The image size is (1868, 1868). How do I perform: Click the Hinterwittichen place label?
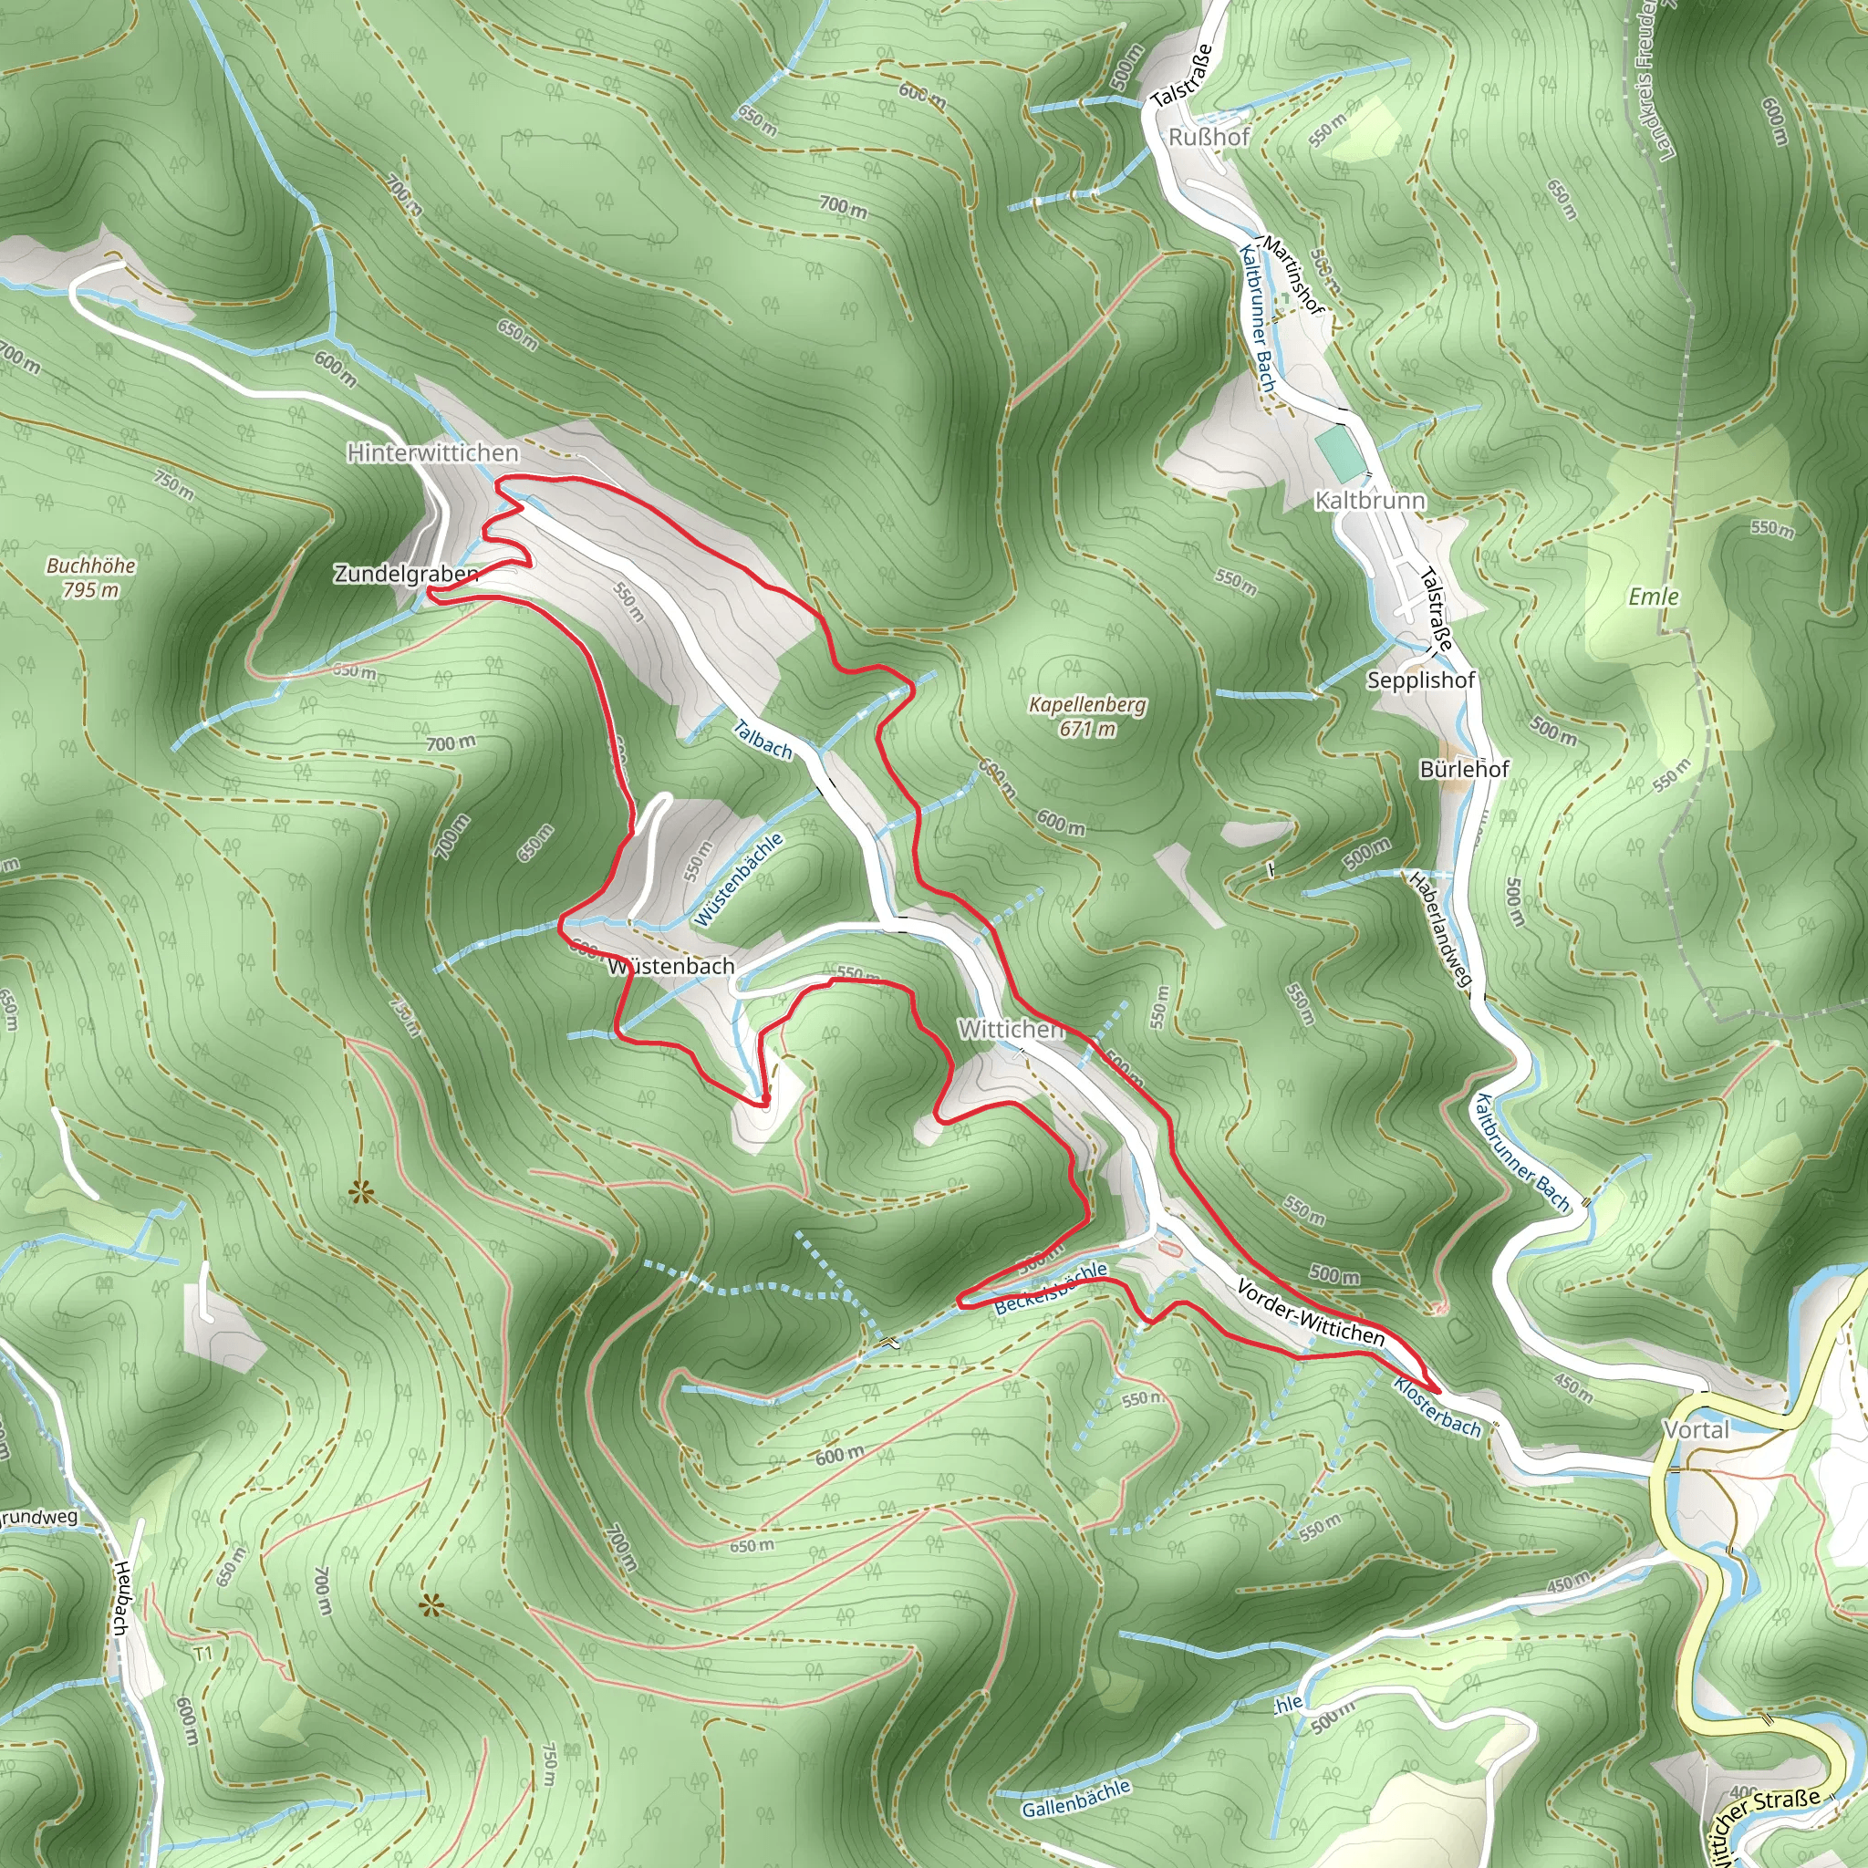pyautogui.click(x=432, y=452)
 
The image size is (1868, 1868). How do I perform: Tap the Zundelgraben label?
pyautogui.click(x=406, y=574)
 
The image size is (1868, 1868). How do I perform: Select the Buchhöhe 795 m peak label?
pyautogui.click(x=91, y=577)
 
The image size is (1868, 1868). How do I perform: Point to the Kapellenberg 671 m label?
pyautogui.click(x=1088, y=715)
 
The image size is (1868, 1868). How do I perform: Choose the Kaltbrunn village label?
pyautogui.click(x=1370, y=501)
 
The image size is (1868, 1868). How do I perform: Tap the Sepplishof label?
pyautogui.click(x=1421, y=680)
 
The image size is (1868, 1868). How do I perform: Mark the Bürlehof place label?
pyautogui.click(x=1465, y=769)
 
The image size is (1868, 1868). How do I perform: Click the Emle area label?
pyautogui.click(x=1655, y=596)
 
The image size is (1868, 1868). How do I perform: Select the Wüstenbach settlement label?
pyautogui.click(x=672, y=966)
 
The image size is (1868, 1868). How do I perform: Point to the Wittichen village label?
pyautogui.click(x=1011, y=1029)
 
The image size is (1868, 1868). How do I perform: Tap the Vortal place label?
pyautogui.click(x=1697, y=1429)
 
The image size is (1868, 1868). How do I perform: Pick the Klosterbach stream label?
pyautogui.click(x=1437, y=1407)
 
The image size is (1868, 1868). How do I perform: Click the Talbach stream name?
pyautogui.click(x=762, y=740)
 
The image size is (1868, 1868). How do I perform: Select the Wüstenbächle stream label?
pyautogui.click(x=739, y=880)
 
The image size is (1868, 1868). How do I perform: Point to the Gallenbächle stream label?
pyautogui.click(x=1075, y=1798)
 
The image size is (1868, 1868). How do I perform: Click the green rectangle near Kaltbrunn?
pyautogui.click(x=1337, y=451)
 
